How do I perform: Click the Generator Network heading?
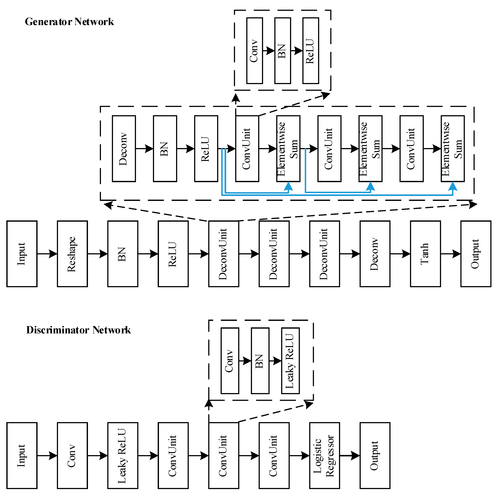(x=69, y=22)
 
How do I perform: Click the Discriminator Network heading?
(x=78, y=330)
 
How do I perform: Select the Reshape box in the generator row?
(x=72, y=254)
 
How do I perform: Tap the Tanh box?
(x=425, y=254)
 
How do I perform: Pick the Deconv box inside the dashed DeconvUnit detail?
(x=124, y=149)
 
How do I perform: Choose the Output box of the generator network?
(x=476, y=254)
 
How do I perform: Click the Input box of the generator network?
(x=22, y=254)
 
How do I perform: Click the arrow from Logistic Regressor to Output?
(x=350, y=456)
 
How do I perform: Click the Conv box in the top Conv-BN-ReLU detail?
(x=254, y=51)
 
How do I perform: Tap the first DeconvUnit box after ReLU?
(x=224, y=254)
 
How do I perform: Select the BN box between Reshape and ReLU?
(x=123, y=254)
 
